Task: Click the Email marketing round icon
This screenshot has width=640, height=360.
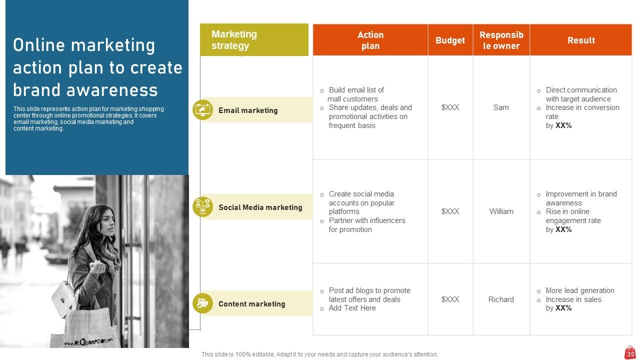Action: tap(202, 110)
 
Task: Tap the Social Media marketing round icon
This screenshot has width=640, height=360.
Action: tap(202, 207)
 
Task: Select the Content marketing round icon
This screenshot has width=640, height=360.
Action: tap(202, 303)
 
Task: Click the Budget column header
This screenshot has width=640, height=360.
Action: tap(450, 40)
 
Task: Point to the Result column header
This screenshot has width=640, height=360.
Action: tap(581, 40)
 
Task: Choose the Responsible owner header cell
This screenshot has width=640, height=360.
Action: tap(501, 40)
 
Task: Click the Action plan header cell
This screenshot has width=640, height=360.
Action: tap(370, 40)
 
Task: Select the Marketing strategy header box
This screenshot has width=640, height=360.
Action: tap(254, 40)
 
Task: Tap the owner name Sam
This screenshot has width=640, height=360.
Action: tap(501, 107)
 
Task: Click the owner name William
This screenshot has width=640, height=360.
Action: tap(501, 211)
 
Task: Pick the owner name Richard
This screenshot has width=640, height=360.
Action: tap(501, 299)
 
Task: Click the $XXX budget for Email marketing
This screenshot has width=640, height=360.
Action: tap(450, 107)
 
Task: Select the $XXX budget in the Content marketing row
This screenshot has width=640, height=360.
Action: tap(450, 299)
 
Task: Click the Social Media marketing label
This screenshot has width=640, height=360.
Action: tap(260, 207)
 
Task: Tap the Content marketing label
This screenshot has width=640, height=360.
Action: tap(251, 304)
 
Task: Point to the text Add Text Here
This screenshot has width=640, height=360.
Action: tap(352, 308)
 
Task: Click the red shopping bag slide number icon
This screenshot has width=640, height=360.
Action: tap(630, 352)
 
